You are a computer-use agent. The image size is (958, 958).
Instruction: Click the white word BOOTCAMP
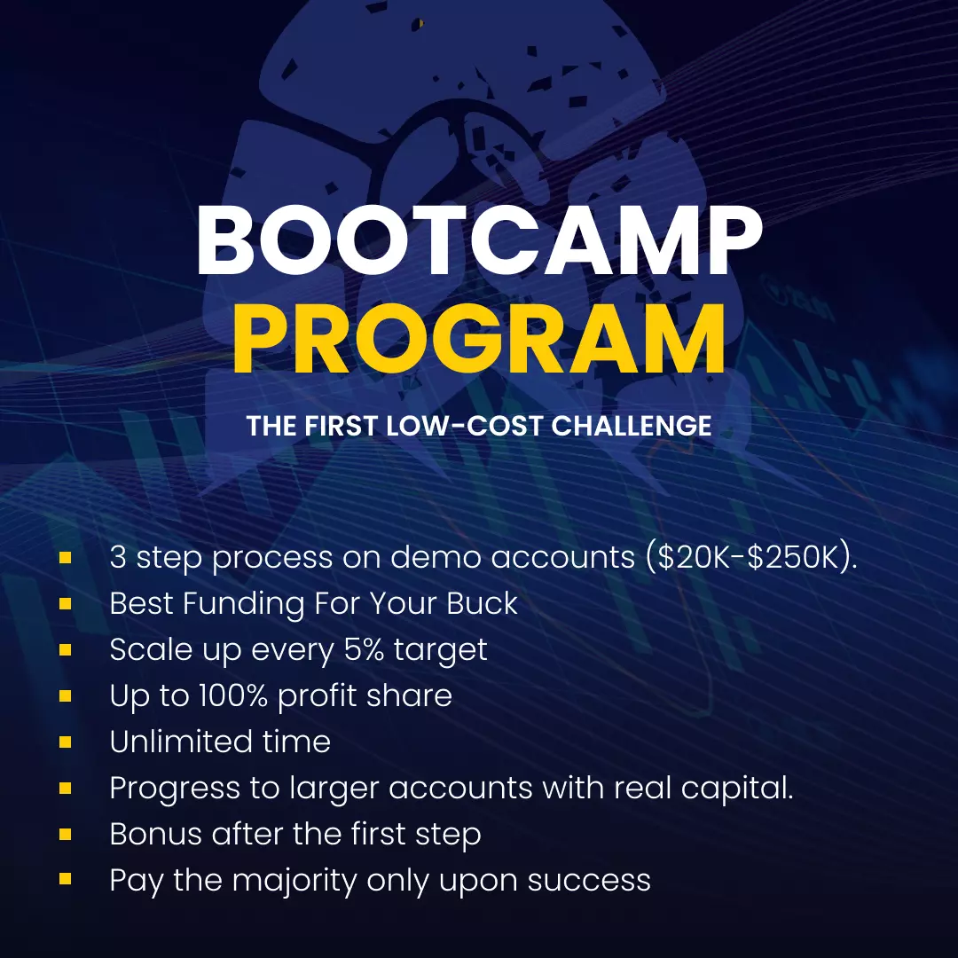click(x=480, y=240)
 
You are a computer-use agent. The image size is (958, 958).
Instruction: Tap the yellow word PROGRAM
click(x=480, y=338)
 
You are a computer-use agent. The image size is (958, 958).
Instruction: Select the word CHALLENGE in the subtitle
click(x=632, y=426)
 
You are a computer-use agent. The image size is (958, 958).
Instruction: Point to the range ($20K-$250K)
click(x=751, y=557)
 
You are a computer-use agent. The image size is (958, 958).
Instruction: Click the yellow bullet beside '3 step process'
click(x=66, y=557)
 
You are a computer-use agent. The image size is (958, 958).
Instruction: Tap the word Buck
click(x=482, y=603)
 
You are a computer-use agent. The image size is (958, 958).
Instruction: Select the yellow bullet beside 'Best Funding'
click(x=66, y=604)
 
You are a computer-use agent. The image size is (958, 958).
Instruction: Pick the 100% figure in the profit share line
click(x=233, y=695)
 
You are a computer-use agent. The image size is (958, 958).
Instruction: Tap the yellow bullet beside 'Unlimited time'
click(x=66, y=742)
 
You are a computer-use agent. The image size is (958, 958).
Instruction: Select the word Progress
click(x=175, y=789)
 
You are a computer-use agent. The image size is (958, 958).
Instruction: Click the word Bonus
click(x=156, y=833)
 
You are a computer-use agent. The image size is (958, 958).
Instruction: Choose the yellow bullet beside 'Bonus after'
click(x=66, y=834)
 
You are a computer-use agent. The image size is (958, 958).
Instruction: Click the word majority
click(x=294, y=881)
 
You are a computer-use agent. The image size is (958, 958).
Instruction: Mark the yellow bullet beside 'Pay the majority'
click(x=66, y=879)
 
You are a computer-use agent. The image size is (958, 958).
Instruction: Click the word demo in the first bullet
click(x=436, y=557)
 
